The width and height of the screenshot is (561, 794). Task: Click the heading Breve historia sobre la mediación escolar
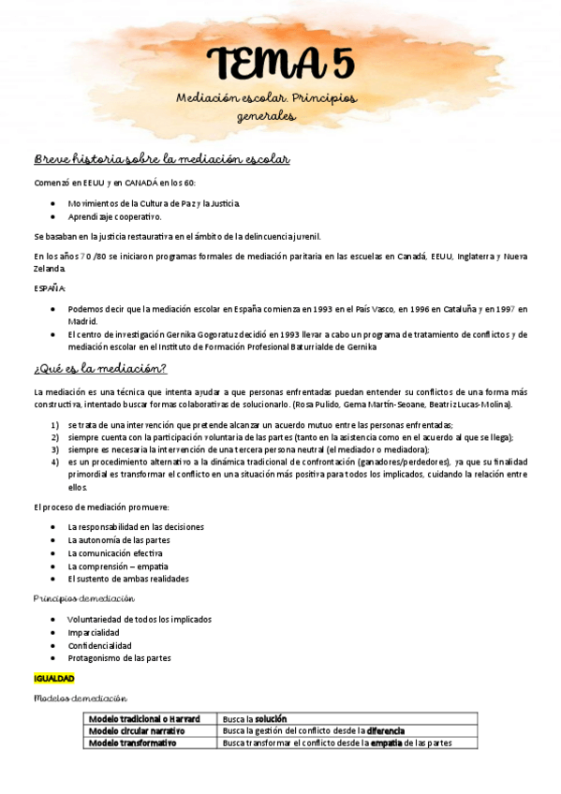[161, 158]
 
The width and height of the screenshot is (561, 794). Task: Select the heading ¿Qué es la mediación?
[100, 368]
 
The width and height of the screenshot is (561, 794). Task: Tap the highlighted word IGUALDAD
[53, 678]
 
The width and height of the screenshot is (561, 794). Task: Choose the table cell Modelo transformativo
[132, 743]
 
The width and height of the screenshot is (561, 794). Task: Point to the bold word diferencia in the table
[385, 730]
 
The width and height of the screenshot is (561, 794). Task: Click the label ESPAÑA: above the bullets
[50, 288]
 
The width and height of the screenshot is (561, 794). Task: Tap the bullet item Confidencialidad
[99, 645]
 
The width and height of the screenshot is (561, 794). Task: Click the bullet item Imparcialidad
[94, 632]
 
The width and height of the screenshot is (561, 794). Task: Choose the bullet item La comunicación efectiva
[115, 552]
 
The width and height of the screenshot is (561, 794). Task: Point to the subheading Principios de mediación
[83, 597]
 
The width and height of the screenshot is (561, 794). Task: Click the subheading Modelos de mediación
[80, 698]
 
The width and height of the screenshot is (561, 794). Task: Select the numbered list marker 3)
[55, 449]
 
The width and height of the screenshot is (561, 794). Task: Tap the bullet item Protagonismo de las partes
[119, 658]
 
